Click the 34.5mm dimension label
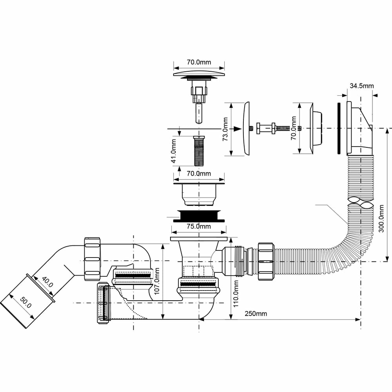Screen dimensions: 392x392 361,86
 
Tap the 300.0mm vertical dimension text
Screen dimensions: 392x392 381,218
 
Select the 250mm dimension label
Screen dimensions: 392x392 256,314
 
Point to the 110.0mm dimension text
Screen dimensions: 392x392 236,294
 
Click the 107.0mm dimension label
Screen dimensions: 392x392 157,281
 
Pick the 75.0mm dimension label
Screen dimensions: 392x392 199,226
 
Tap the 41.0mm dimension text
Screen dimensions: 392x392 174,151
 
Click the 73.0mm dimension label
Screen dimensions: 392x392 225,129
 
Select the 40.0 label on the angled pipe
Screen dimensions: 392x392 47,282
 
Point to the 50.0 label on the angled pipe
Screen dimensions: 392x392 26,302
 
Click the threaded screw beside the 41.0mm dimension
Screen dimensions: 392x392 199,151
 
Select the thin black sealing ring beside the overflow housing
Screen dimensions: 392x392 339,128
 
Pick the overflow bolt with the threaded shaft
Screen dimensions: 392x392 279,129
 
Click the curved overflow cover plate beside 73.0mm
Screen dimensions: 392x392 247,129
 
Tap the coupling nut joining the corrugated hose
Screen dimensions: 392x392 266,261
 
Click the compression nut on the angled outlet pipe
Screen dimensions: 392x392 92,259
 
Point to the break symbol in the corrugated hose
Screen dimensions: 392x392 361,203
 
